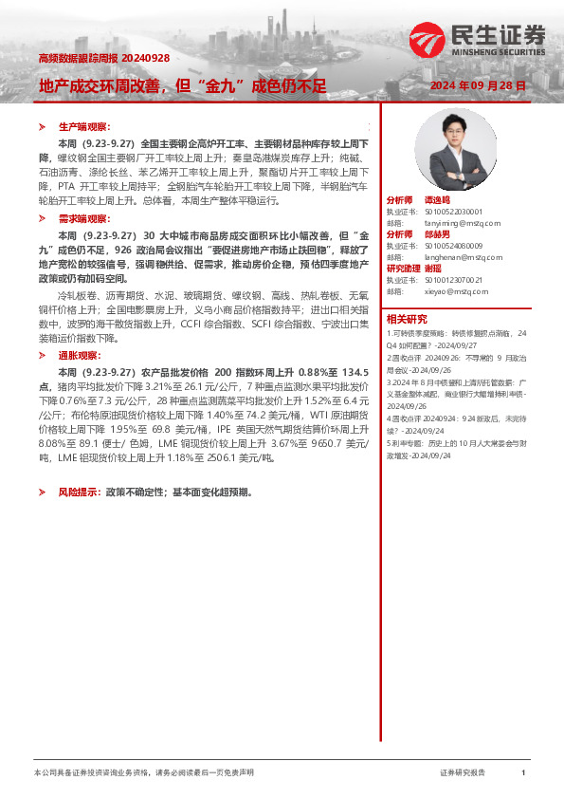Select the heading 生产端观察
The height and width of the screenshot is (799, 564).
coord(84,126)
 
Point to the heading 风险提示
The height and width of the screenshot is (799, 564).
coord(81,493)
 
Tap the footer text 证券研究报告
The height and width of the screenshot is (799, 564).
coord(463,773)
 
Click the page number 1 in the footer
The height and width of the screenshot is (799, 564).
coord(523,773)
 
